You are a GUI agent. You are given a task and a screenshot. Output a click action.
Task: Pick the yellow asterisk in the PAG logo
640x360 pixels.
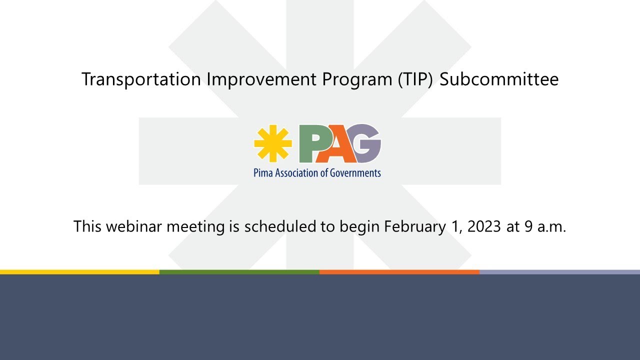point(272,143)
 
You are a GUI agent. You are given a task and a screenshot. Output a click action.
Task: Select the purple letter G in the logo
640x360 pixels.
point(368,143)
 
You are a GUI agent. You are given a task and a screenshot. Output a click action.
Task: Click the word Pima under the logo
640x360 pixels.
point(263,173)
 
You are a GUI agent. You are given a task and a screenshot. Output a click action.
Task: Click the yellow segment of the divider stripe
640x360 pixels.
point(79,272)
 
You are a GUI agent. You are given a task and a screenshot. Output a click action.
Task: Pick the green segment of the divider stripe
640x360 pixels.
point(239,272)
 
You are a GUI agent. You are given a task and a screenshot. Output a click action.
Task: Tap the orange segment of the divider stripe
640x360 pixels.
point(399,272)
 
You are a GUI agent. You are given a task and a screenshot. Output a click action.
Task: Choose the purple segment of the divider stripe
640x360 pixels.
point(559,272)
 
